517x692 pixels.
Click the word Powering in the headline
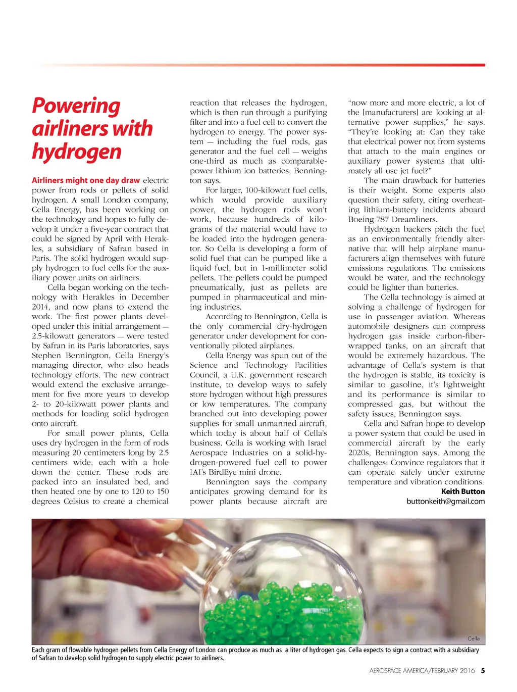click(x=76, y=107)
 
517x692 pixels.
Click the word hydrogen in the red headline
click(x=77, y=152)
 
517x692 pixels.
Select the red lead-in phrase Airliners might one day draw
click(x=86, y=180)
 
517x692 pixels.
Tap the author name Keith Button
click(x=462, y=491)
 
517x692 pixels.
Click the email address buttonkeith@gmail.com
click(x=445, y=502)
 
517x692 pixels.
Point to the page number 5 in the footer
click(x=483, y=671)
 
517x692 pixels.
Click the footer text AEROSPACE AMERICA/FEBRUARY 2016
click(x=422, y=671)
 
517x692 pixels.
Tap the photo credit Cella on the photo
click(x=474, y=638)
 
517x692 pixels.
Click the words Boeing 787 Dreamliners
click(x=392, y=219)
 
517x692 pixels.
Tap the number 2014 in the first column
click(x=41, y=307)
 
